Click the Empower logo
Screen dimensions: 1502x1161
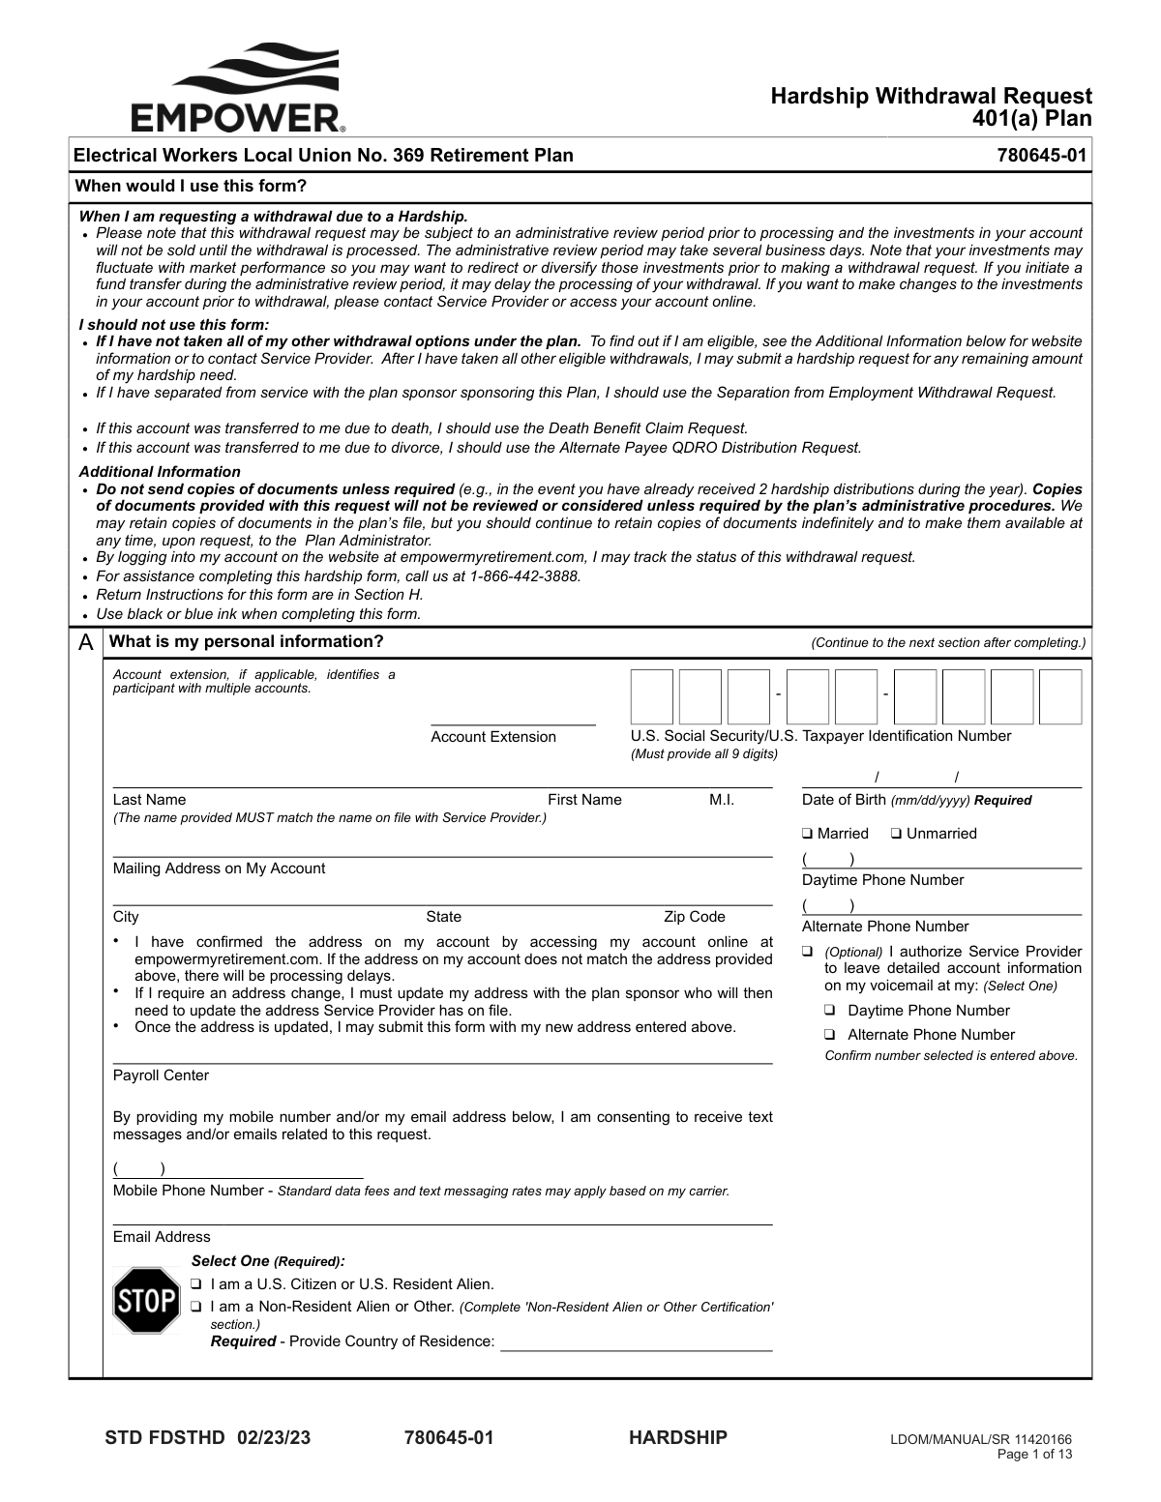[x=238, y=87]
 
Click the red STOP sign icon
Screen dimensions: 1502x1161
[x=146, y=1301]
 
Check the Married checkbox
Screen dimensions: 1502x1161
[x=807, y=834]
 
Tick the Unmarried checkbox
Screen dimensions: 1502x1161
[x=897, y=834]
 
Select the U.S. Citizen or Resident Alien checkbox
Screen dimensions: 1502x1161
[x=196, y=1284]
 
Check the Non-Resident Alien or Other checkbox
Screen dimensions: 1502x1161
[x=196, y=1307]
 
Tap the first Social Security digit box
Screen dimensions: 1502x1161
[x=651, y=696]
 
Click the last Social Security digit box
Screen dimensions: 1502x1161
[x=1060, y=696]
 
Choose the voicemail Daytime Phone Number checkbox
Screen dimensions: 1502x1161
[x=830, y=1011]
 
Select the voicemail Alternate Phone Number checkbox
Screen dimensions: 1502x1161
[x=830, y=1035]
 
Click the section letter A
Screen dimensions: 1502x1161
[x=86, y=642]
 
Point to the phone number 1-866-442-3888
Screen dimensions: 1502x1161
[x=524, y=576]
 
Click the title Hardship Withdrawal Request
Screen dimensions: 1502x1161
[x=931, y=96]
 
